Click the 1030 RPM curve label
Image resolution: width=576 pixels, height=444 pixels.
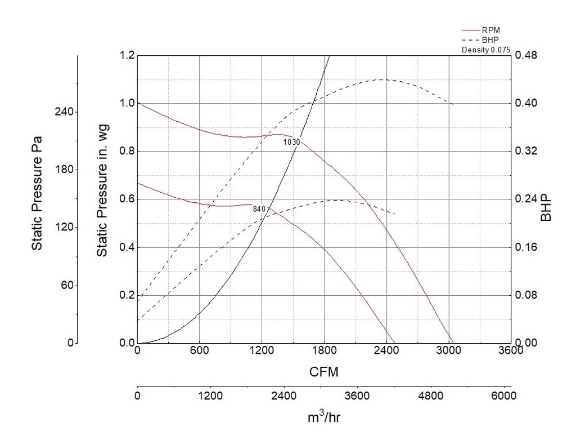291,143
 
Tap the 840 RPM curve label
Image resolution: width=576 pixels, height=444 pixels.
259,209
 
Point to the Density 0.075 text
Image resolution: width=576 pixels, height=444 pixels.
485,50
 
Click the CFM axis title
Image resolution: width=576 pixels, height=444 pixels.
323,372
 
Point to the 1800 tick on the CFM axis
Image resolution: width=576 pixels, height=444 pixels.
323,350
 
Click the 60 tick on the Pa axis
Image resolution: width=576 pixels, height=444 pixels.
67,286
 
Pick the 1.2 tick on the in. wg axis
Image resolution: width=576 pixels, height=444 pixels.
127,55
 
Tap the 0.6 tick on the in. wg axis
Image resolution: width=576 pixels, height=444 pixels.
127,199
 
